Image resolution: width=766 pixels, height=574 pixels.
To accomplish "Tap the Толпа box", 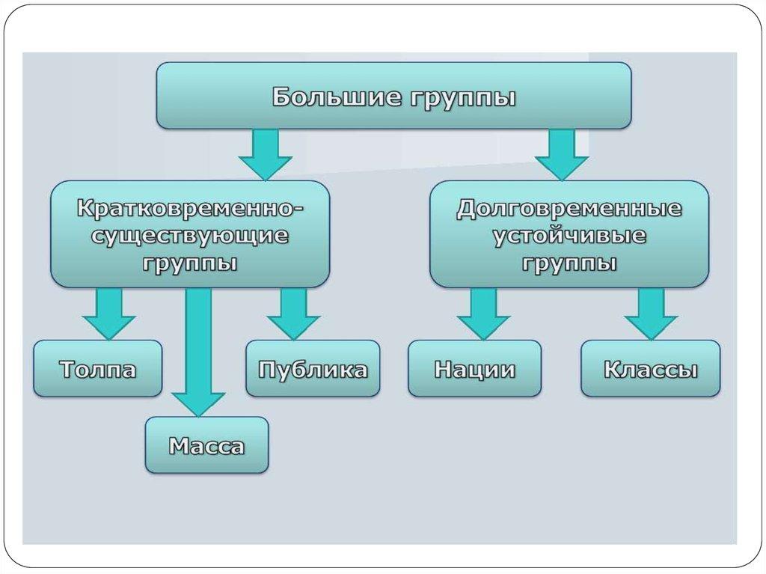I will coord(97,369).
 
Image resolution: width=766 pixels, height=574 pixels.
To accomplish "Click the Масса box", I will coord(206,446).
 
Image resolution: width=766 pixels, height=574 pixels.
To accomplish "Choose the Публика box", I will coord(313,369).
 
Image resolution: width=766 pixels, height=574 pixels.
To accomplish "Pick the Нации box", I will coord(474,369).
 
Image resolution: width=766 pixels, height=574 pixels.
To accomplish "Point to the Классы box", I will coord(650,369).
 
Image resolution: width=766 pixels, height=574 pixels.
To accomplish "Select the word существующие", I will coord(190,236).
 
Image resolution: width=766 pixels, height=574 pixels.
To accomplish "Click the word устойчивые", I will coord(569,236).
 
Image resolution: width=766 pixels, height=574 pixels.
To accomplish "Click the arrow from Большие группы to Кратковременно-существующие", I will coord(265,154).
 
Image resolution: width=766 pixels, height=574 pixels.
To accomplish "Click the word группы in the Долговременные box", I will coord(569,264).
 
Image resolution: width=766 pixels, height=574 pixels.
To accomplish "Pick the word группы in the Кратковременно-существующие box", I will coord(190,264).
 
